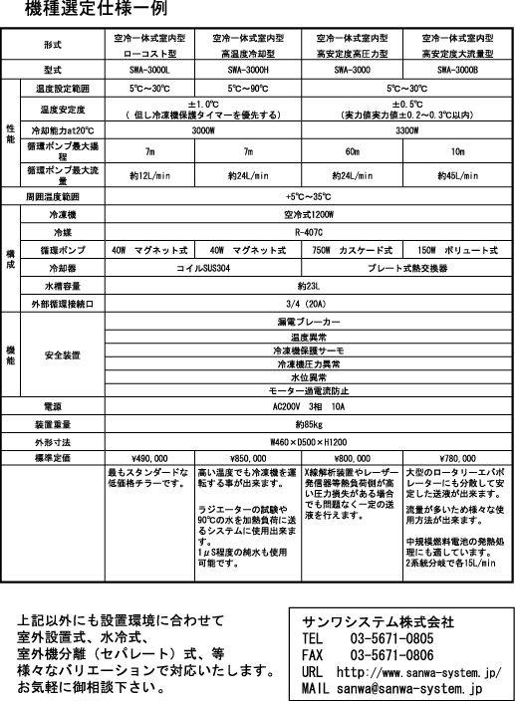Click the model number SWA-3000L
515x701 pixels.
pos(149,70)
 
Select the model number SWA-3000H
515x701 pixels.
pos(248,70)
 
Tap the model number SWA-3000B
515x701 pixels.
pos(457,70)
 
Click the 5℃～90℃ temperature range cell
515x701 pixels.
pos(248,88)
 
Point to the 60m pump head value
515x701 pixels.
pos(353,151)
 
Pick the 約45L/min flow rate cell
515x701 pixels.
pos(457,175)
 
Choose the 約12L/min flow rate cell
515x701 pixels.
pos(149,175)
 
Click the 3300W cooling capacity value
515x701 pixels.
pos(406,130)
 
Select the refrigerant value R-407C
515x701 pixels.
pos(309,232)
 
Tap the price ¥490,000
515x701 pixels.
pos(149,458)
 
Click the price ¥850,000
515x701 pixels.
pos(248,458)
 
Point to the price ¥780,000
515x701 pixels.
pos(457,458)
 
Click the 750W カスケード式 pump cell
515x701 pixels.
pos(353,250)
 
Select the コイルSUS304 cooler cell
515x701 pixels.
pos(203,268)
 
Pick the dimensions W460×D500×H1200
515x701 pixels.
pos(309,442)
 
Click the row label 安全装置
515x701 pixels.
pos(63,355)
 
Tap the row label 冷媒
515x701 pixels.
pos(63,232)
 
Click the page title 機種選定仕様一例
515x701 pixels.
pos(96,9)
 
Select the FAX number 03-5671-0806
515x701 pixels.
pos(392,655)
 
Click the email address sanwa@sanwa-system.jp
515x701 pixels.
pos(410,688)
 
